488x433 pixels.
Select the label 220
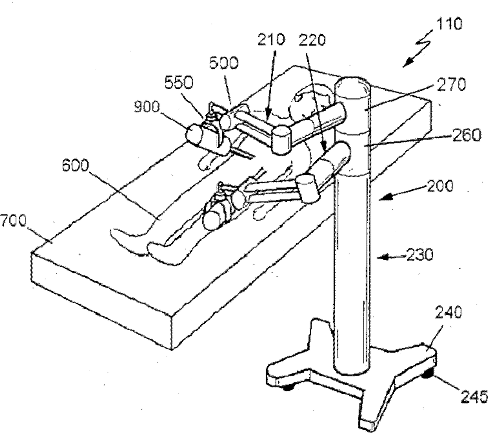(x=312, y=40)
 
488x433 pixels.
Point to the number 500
(x=224, y=63)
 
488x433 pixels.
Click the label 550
(x=179, y=83)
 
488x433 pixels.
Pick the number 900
(x=147, y=107)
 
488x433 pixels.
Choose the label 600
(x=76, y=166)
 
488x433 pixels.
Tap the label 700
(x=13, y=221)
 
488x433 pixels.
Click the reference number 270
(x=451, y=85)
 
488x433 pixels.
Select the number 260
(x=467, y=136)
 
